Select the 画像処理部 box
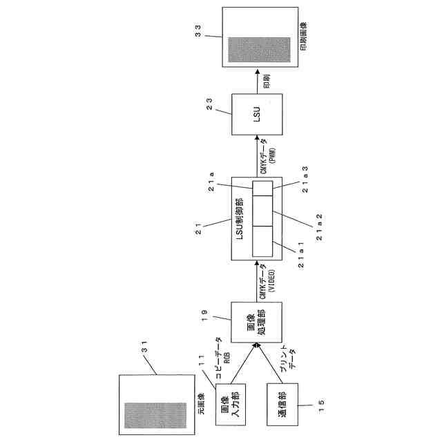coord(255,324)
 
